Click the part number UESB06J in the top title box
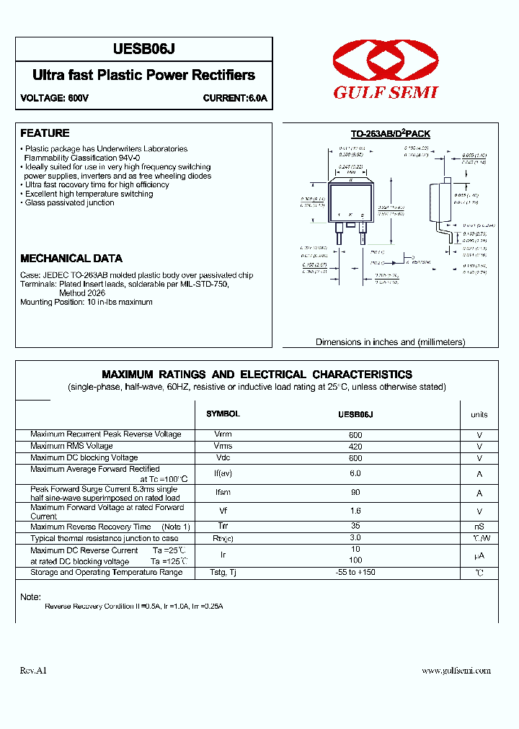(x=144, y=49)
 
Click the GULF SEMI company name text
(x=386, y=92)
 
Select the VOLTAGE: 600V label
(x=54, y=98)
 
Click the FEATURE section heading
(x=45, y=133)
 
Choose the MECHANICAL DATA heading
(x=71, y=258)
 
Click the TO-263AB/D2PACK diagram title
(x=390, y=134)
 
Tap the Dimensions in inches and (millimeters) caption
(x=390, y=342)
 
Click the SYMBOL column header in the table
(x=223, y=414)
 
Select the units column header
(x=479, y=414)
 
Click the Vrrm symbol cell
(x=223, y=435)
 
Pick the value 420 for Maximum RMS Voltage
(x=355, y=447)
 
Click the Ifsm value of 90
(x=355, y=493)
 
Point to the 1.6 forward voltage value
(x=355, y=511)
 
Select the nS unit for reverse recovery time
(x=479, y=527)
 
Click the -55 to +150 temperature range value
(x=355, y=573)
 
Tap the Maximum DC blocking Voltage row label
(x=84, y=458)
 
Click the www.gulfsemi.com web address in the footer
(x=456, y=671)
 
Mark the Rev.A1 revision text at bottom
(x=33, y=671)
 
